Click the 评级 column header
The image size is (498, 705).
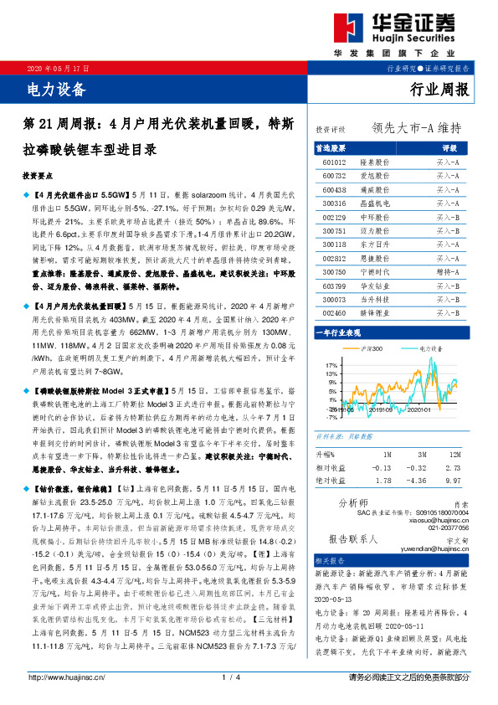click(449, 147)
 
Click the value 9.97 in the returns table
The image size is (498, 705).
click(454, 481)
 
